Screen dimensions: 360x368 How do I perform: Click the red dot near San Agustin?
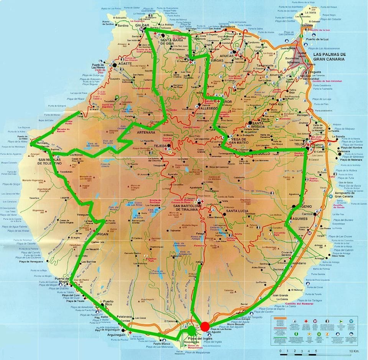tap(205, 326)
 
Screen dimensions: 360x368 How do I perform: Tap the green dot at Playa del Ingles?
tap(191, 331)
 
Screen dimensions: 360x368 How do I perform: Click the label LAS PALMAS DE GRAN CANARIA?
tap(329, 57)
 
